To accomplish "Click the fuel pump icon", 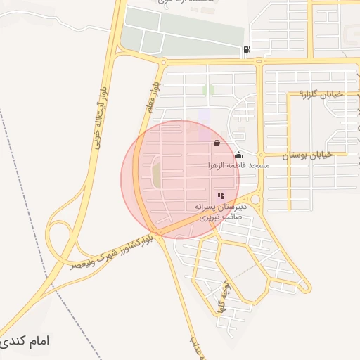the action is tap(246, 49).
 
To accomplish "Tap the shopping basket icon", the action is tap(216, 143).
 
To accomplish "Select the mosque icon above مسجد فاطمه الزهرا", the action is tap(239, 155).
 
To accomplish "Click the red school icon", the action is tap(221, 195).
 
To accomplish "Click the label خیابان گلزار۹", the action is tap(321, 94).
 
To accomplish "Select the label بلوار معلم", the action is tap(150, 95).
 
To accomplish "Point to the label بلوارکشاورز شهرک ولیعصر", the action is tap(112, 253).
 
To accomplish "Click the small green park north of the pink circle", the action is tap(208, 90).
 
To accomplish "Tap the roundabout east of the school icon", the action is tap(255, 200).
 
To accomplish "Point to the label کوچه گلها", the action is tap(224, 300).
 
